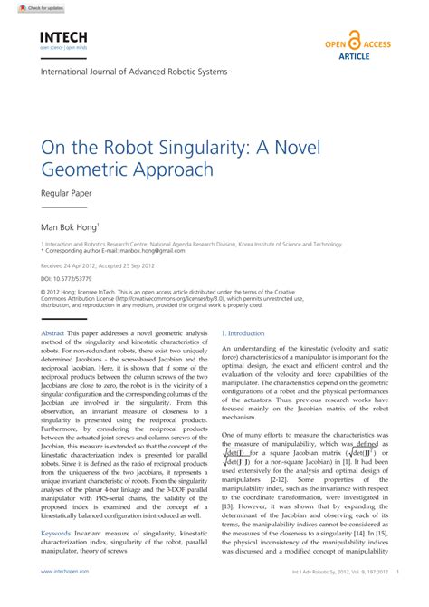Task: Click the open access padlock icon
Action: point(354,41)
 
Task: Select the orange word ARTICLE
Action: point(354,55)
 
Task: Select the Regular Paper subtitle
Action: point(67,193)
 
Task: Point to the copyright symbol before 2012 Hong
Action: point(43,292)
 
